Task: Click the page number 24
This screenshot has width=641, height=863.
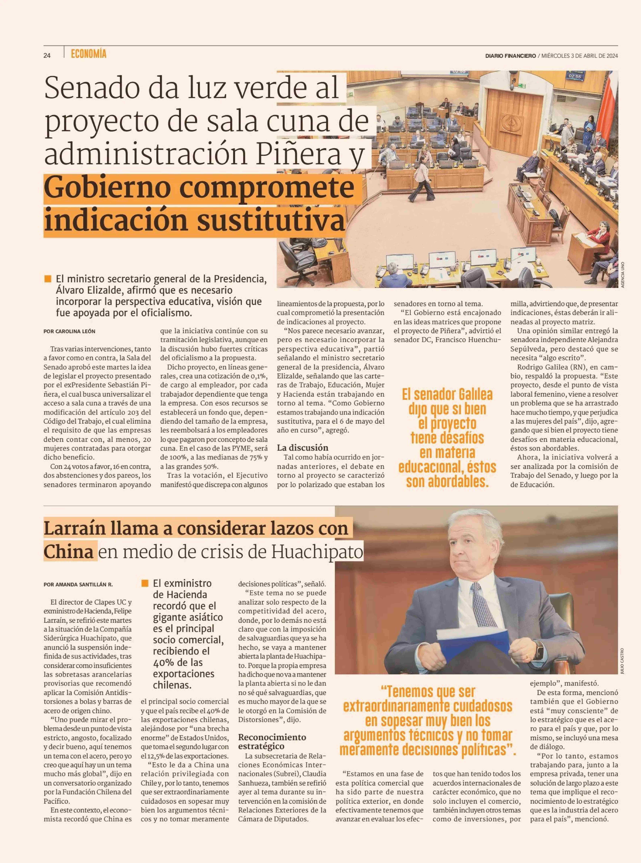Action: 47,55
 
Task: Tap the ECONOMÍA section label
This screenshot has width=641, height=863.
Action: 89,54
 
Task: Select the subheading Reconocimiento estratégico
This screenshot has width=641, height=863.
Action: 272,742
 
